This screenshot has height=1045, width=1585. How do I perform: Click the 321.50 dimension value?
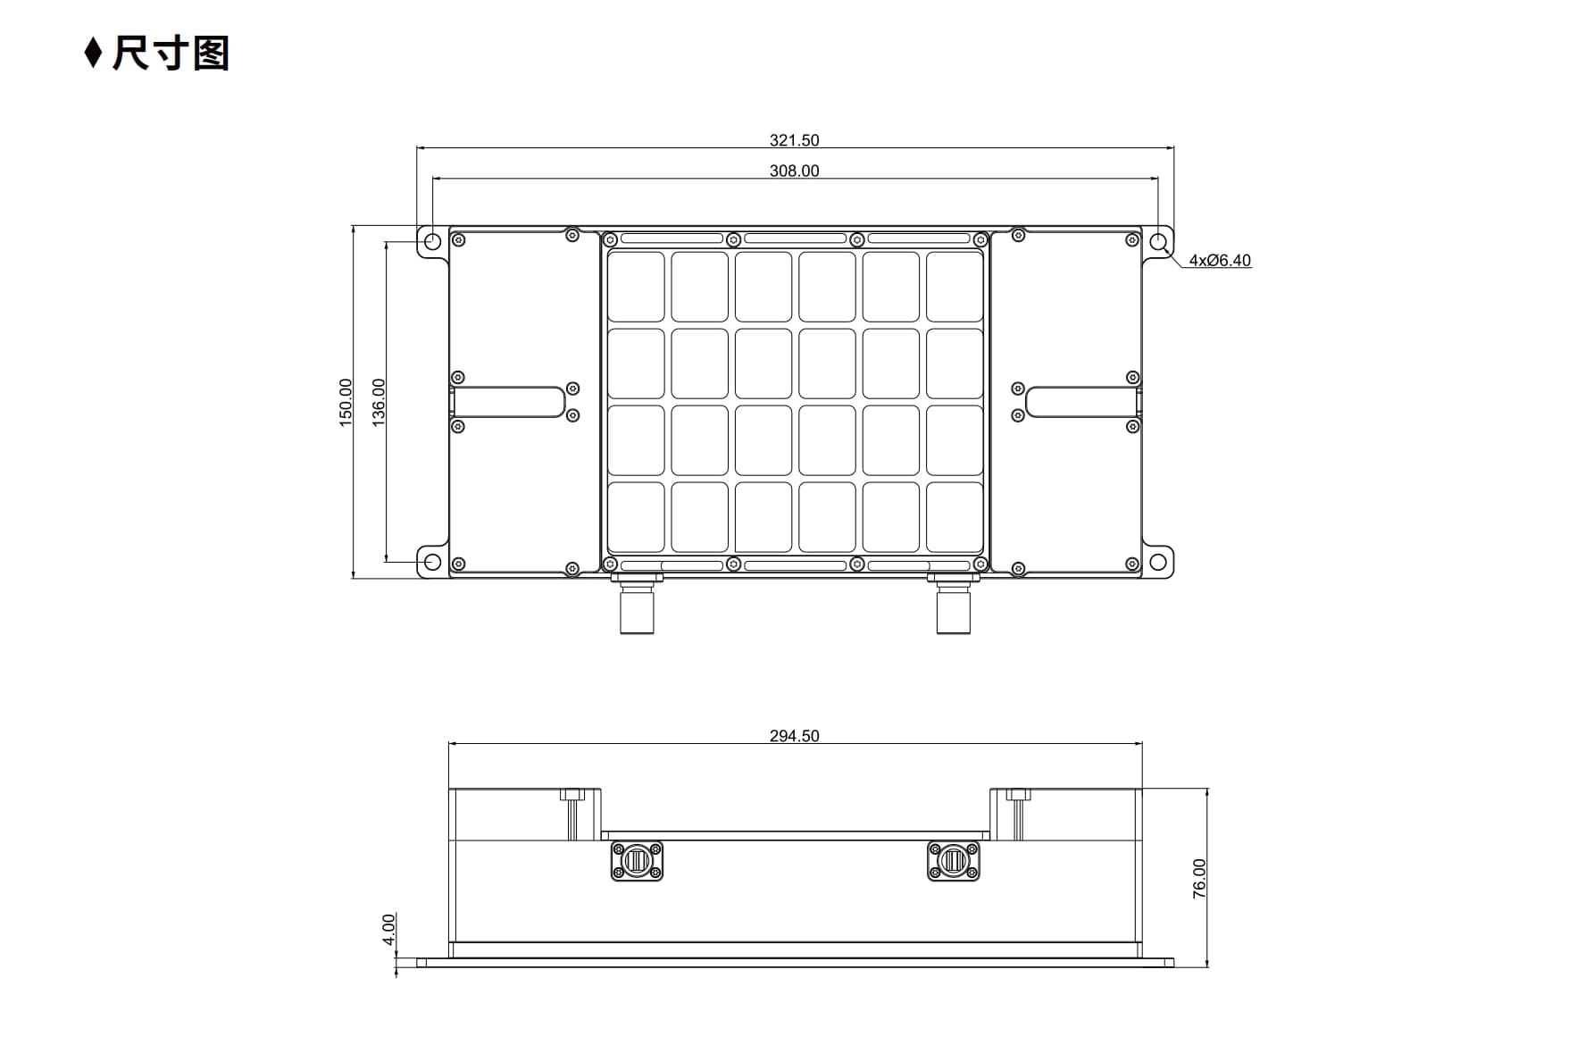(x=794, y=140)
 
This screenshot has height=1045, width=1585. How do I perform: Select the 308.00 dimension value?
(x=794, y=171)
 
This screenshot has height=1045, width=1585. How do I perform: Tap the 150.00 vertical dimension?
(x=346, y=402)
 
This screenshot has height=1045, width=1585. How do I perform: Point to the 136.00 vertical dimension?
(x=379, y=402)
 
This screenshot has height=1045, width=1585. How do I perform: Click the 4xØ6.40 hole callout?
(x=1220, y=260)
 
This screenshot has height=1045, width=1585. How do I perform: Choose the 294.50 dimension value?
(x=794, y=736)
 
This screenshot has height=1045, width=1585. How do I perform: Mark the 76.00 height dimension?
(x=1199, y=878)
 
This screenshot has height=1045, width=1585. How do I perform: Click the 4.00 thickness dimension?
(x=388, y=929)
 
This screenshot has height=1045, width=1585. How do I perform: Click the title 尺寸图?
(x=171, y=54)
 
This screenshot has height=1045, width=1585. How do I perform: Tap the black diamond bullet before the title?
(x=93, y=53)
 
